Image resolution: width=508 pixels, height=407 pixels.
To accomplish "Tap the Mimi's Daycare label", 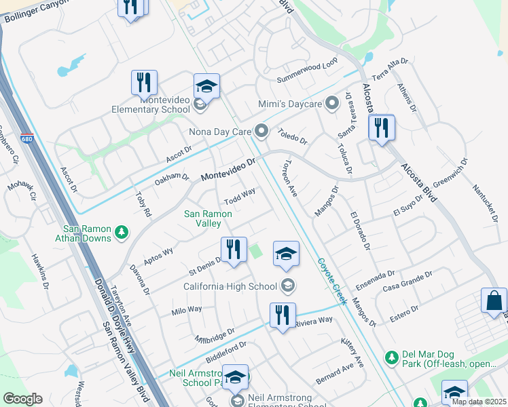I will click(290, 104).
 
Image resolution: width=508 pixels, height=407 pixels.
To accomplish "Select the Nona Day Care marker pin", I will click(262, 130).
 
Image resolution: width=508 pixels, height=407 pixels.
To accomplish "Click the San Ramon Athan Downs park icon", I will click(122, 233).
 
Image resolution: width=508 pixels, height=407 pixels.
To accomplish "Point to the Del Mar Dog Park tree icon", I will click(391, 357).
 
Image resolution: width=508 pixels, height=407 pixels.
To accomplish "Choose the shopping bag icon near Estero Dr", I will click(494, 301).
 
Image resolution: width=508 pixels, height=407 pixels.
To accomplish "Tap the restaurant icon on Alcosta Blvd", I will click(382, 127).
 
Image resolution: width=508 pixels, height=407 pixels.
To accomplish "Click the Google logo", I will click(22, 399).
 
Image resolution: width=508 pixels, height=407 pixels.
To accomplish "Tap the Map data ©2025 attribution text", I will click(478, 402).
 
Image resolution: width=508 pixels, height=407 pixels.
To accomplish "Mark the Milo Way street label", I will click(187, 310).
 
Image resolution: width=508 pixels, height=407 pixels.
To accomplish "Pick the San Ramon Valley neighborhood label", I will click(208, 218).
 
